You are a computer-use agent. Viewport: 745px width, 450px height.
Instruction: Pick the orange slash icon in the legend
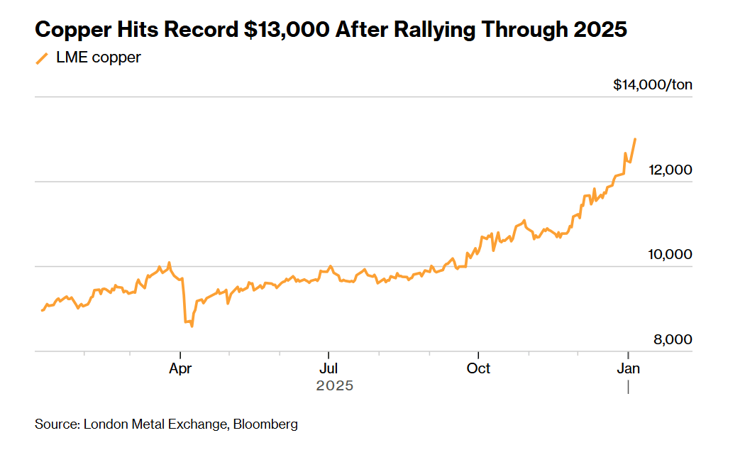click(42, 58)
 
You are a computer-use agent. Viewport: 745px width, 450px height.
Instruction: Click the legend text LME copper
click(98, 57)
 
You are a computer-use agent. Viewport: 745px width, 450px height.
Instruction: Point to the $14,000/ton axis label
click(653, 85)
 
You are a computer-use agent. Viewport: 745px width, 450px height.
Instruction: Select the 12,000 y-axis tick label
click(670, 170)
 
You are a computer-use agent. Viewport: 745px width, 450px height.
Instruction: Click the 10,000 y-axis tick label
click(670, 255)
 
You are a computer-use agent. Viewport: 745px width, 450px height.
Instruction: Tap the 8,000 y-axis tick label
click(673, 340)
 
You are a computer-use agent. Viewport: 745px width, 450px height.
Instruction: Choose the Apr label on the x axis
click(181, 368)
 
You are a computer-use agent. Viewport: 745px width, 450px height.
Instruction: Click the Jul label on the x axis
click(328, 368)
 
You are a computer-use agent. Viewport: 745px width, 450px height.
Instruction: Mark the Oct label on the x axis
click(479, 368)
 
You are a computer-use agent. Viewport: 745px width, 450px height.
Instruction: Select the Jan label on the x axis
click(628, 368)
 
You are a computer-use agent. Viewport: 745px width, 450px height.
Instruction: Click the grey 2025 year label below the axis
click(334, 385)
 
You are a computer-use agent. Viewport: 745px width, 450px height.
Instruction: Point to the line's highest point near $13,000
click(635, 139)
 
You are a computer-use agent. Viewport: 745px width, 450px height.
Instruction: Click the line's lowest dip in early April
click(192, 326)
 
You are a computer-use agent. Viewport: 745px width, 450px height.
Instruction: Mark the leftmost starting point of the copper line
click(42, 310)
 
